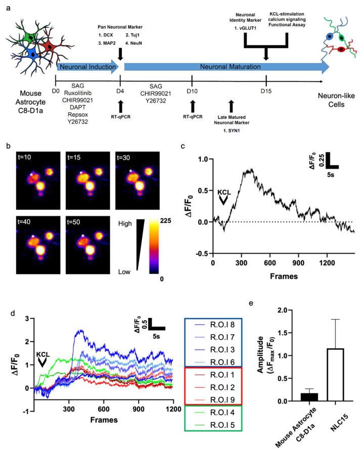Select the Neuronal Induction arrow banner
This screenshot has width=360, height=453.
[87, 67]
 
